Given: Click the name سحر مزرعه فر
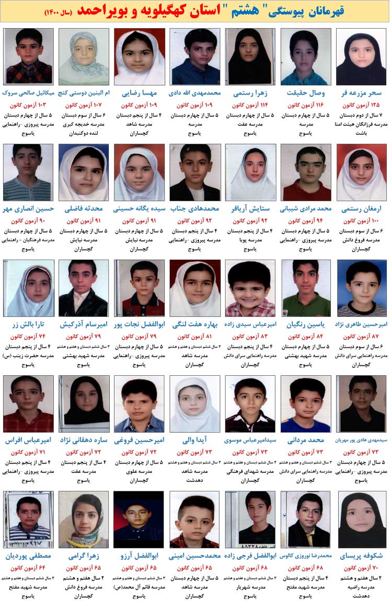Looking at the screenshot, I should [361, 93].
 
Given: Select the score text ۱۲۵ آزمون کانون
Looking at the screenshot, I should [361, 105].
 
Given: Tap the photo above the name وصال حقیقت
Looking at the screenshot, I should [306, 56].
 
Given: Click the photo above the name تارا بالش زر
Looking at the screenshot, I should [28, 288].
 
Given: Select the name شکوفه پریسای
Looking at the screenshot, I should [361, 556].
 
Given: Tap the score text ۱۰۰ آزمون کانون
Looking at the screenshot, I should [361, 221].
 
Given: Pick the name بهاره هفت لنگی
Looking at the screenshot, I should [194, 324].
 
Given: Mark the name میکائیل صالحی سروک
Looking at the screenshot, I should [29, 93].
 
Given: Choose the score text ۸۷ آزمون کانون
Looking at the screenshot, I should [361, 336].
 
